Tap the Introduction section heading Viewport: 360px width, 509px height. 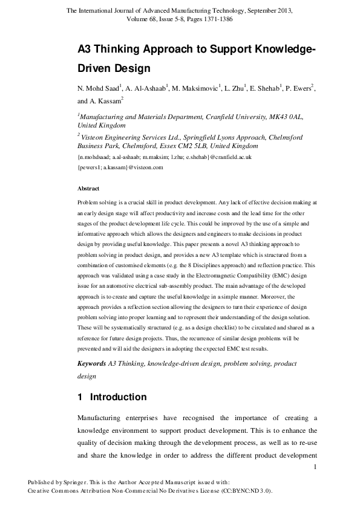point(118,397)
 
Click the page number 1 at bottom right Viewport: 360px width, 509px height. point(315,466)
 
